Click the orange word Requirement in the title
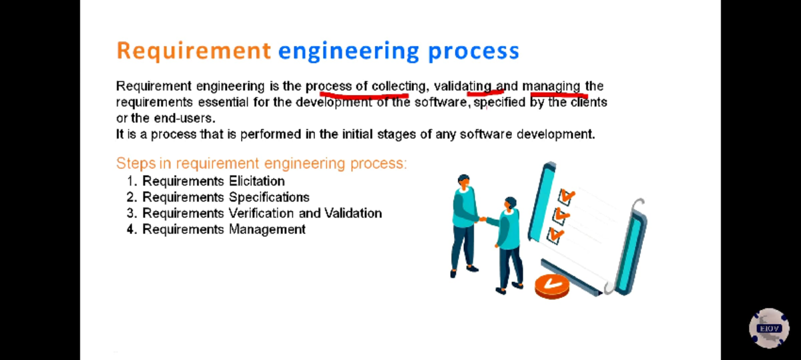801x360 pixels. click(x=194, y=51)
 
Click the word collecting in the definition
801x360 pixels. click(x=398, y=87)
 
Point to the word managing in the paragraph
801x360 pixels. click(x=551, y=87)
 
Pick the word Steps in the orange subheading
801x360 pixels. click(x=136, y=164)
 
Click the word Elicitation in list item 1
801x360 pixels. click(x=257, y=181)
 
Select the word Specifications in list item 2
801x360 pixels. click(x=269, y=198)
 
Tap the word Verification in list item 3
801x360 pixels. click(x=262, y=213)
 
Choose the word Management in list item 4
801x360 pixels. click(x=267, y=229)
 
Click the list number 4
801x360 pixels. click(x=131, y=229)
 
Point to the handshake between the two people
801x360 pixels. click(x=483, y=219)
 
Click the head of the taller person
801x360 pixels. click(x=464, y=182)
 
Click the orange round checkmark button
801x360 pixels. click(x=552, y=286)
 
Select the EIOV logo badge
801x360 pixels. click(x=769, y=328)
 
